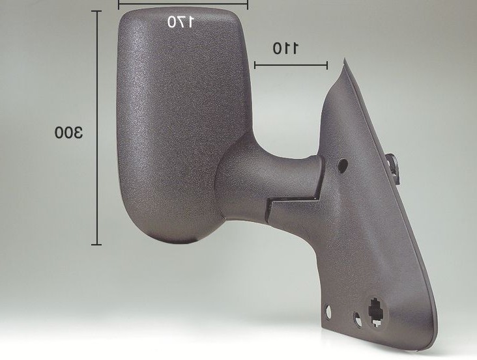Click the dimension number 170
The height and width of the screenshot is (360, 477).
click(x=180, y=21)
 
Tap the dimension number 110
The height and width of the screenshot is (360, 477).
click(x=285, y=48)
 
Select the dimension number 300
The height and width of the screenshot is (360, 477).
click(x=68, y=132)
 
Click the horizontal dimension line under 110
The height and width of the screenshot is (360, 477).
click(x=291, y=64)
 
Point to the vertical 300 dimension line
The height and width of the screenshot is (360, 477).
click(x=97, y=128)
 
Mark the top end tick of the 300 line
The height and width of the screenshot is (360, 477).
click(x=96, y=11)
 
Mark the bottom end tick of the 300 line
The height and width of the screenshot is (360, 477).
click(x=96, y=244)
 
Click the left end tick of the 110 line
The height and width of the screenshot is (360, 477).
click(x=255, y=64)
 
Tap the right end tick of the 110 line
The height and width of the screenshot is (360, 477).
click(x=327, y=65)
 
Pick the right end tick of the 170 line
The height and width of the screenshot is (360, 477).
click(x=248, y=5)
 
